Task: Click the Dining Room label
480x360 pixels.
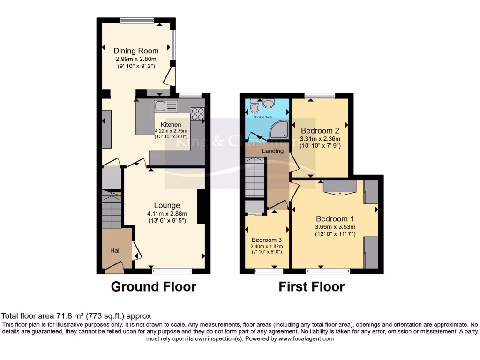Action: coord(136,51)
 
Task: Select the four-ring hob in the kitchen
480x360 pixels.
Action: coord(197,114)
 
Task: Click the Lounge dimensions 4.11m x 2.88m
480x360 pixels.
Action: coord(167,213)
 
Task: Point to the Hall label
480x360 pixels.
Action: coord(115,251)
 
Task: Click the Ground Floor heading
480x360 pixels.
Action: coord(153,286)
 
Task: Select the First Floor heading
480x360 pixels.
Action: coord(312,286)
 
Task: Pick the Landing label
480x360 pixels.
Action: coord(273,151)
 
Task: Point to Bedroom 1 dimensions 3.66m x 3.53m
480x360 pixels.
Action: coord(335,227)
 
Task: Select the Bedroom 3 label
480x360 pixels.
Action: coord(267,240)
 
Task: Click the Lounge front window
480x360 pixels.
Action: coord(172,270)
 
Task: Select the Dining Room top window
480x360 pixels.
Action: coord(136,20)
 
